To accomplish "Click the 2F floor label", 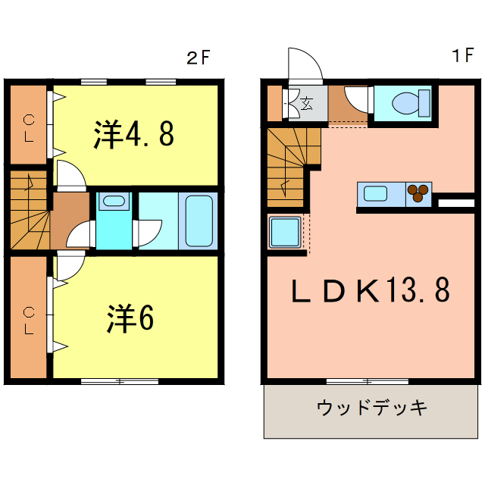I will click(x=199, y=58).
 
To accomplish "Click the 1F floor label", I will click(x=459, y=58).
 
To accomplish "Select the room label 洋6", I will click(x=130, y=319).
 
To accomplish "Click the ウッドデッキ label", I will click(x=372, y=408).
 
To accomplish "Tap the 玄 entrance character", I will click(x=307, y=103).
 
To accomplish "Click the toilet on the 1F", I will click(x=403, y=102).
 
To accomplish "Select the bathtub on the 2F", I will click(x=199, y=220).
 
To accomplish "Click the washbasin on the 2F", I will click(x=113, y=202).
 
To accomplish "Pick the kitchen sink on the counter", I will click(x=376, y=192).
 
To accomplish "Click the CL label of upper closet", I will click(x=28, y=127).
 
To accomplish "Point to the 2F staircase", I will click(x=30, y=211).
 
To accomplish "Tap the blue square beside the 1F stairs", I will click(x=286, y=231).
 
